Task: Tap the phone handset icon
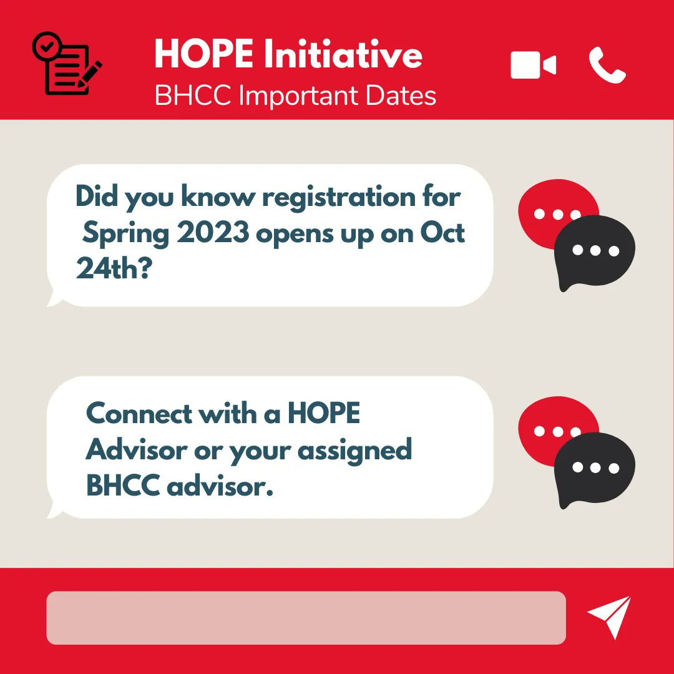[x=607, y=66]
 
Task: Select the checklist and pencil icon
[x=66, y=65]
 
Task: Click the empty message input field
[x=306, y=618]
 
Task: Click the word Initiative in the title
[x=343, y=54]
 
